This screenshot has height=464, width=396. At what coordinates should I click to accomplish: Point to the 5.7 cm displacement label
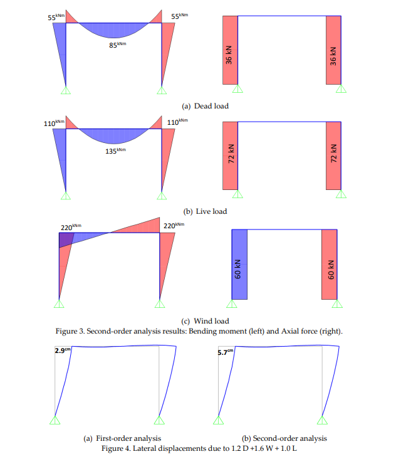[224, 352]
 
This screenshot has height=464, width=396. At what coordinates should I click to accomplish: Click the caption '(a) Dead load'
[205, 106]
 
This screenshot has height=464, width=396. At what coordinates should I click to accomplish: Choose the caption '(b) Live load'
[204, 211]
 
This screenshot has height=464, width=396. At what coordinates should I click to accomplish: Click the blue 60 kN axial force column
[240, 265]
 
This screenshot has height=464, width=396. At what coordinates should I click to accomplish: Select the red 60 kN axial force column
[330, 265]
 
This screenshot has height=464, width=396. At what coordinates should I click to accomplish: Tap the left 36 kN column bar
[230, 50]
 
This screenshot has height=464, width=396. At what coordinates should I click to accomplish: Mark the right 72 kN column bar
[333, 156]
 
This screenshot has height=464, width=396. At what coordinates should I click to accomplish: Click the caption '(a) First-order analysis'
[122, 438]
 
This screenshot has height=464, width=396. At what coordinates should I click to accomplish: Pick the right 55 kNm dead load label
[179, 17]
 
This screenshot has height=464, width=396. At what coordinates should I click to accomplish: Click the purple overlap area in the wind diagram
[65, 239]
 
